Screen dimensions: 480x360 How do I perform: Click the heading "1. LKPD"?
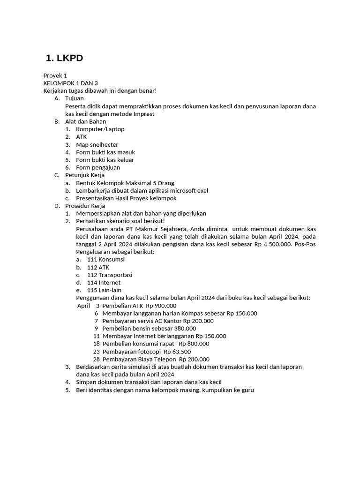pos(64,58)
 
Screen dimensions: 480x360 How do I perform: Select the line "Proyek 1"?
pos(55,75)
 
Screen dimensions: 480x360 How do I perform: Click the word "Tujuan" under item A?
pos(75,98)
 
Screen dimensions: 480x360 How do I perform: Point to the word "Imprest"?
pos(142,114)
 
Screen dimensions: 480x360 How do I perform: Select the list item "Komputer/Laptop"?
pos(100,129)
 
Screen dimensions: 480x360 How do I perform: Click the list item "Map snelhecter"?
pos(97,144)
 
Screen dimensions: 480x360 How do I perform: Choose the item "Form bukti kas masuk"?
pos(105,152)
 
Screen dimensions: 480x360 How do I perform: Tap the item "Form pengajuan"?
pos(98,167)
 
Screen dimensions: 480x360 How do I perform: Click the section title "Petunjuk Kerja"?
pos(85,175)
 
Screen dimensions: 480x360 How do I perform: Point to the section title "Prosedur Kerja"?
pos(85,206)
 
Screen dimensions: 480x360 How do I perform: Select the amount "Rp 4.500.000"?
pos(272,244)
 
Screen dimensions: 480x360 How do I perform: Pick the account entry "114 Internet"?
pos(104,283)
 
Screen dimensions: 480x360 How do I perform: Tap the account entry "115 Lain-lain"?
pos(104,290)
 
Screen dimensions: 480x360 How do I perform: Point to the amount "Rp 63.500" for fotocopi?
pos(177,352)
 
